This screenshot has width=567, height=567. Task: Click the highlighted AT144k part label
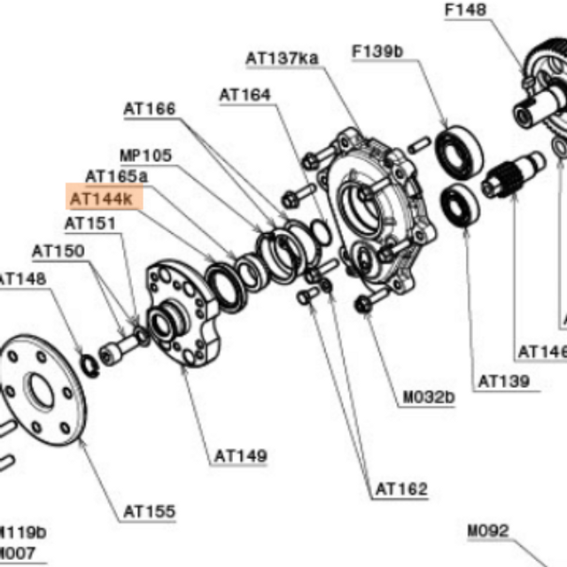(100, 198)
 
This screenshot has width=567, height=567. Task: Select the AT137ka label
(282, 58)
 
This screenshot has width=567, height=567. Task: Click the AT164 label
(245, 94)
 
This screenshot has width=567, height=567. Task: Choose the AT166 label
(150, 109)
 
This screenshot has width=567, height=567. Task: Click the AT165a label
(116, 176)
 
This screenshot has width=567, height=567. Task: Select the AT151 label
(90, 222)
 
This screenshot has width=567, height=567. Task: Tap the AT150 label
(58, 251)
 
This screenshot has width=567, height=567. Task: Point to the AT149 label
(240, 456)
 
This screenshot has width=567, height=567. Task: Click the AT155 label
(149, 511)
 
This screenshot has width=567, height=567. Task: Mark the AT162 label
(400, 488)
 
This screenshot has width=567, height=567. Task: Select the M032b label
(429, 398)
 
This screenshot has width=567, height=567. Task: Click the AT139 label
(503, 381)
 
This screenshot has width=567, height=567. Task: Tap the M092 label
(488, 532)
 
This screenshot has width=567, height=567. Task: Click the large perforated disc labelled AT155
(40, 390)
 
